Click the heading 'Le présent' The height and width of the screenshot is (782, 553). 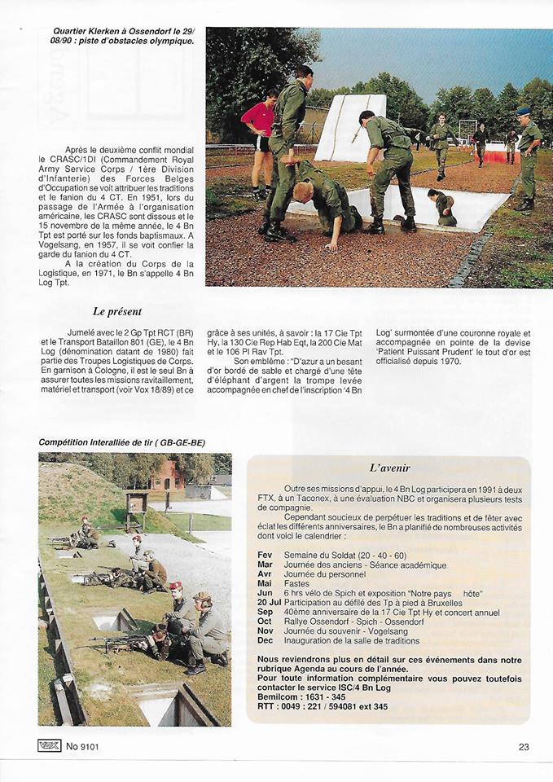click(x=117, y=311)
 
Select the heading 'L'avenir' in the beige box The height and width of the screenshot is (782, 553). click(x=388, y=468)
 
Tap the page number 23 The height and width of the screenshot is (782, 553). click(x=524, y=745)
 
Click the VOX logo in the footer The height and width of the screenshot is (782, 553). click(x=49, y=745)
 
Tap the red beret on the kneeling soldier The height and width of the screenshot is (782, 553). click(x=174, y=586)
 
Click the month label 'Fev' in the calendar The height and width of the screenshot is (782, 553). click(x=265, y=555)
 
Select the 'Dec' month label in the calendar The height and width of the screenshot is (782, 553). click(x=265, y=641)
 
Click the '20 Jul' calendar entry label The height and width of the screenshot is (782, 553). click(x=270, y=602)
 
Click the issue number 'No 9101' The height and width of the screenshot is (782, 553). click(x=84, y=745)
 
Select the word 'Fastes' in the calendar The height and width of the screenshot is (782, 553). click(x=298, y=583)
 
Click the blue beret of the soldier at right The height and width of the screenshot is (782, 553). click(x=523, y=112)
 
